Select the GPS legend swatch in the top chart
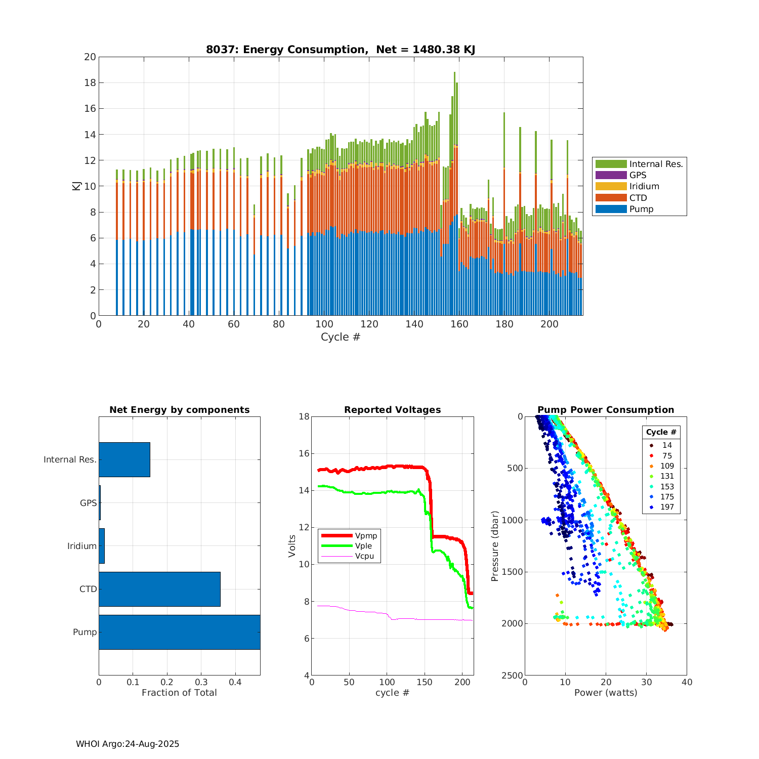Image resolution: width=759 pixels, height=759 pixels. click(611, 175)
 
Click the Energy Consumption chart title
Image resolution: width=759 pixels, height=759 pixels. click(340, 50)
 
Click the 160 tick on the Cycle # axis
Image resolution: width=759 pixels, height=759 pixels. click(459, 324)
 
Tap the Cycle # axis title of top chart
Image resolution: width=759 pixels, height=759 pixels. click(341, 337)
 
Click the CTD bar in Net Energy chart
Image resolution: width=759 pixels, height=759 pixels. click(159, 589)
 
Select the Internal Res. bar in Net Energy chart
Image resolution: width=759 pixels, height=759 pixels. click(124, 459)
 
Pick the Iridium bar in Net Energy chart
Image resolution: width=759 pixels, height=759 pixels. click(102, 546)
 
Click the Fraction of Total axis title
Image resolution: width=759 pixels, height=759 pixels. click(179, 693)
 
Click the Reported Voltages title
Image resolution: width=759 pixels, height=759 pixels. click(392, 410)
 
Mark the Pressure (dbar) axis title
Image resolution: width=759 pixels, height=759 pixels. click(495, 545)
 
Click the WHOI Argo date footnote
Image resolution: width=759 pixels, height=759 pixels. click(128, 744)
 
